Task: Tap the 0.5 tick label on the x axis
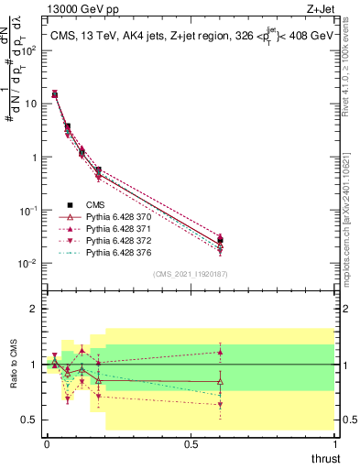(x=191, y=443)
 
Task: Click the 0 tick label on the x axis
(x=47, y=443)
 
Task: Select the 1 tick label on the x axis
(x=334, y=443)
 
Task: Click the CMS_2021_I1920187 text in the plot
(x=190, y=273)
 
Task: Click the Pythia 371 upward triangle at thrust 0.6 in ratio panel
(x=219, y=352)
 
